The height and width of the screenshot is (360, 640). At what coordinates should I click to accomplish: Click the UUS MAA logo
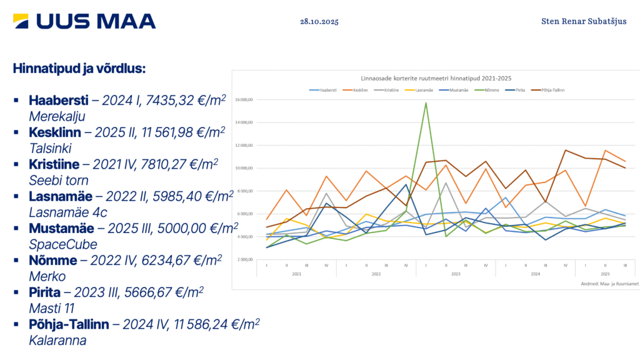[x=84, y=21]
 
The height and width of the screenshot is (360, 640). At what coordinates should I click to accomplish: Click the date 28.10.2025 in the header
[x=319, y=21]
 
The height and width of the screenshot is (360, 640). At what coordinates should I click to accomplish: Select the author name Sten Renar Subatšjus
[x=584, y=21]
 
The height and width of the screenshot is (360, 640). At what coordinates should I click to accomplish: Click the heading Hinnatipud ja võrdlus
[x=79, y=68]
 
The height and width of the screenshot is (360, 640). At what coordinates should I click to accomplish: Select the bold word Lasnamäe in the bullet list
[x=58, y=196]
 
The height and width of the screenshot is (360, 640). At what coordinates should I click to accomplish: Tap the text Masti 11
[x=51, y=308]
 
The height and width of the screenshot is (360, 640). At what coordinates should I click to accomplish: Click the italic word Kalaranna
[x=57, y=341]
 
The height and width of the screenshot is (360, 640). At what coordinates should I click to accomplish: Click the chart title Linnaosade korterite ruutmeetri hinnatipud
[x=436, y=79]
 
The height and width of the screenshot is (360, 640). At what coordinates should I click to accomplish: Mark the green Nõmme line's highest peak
[x=426, y=103]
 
